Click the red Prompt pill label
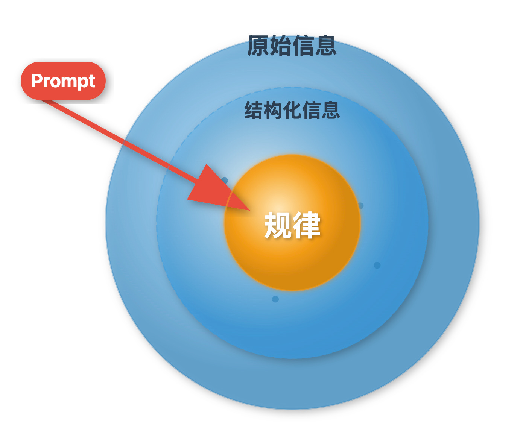point(63,81)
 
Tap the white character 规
point(278,225)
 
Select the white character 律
point(307,225)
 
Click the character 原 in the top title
point(258,46)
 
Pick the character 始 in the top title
point(281,46)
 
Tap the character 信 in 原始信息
point(303,46)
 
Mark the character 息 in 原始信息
point(325,46)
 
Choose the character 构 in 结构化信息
point(273,110)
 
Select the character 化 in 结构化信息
point(292,110)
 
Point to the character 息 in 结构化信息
point(330,110)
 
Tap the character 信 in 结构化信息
point(311,110)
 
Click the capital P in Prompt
point(36,80)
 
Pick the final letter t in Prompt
point(92,81)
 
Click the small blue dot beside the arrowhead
point(225,180)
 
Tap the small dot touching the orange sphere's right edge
point(360,206)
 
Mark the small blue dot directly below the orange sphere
point(275,299)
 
